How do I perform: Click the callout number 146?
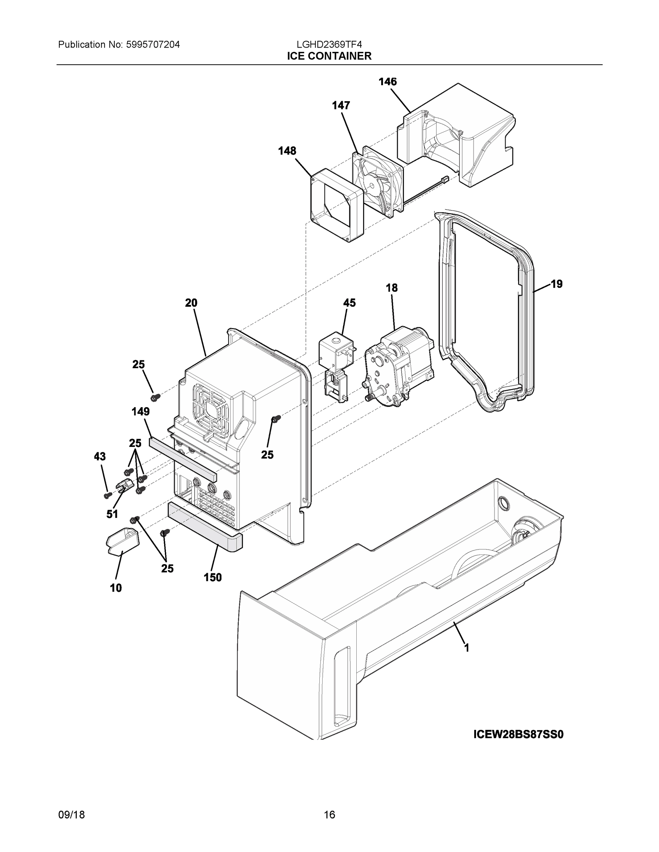(387, 82)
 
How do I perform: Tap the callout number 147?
(341, 105)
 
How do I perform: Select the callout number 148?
(287, 151)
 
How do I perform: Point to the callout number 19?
(556, 284)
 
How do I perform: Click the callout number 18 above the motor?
(391, 288)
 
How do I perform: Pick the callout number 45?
(350, 303)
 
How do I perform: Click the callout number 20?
(191, 303)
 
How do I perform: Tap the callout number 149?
(141, 411)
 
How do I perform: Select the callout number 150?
(212, 577)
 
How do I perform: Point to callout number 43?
(99, 457)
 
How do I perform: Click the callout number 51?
(112, 514)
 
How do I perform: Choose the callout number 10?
(116, 588)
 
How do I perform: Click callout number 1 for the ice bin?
(466, 648)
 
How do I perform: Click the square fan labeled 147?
(378, 181)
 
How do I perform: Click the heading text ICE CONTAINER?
(329, 56)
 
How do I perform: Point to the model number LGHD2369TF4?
(329, 45)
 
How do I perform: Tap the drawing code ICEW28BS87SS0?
(518, 735)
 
